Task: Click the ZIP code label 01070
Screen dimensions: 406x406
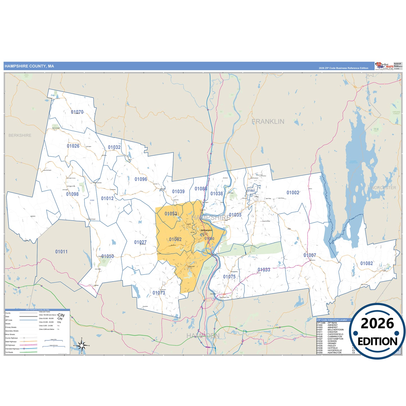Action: point(77,112)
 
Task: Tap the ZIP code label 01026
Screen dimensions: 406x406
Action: point(73,146)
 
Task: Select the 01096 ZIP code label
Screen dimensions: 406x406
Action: point(141,179)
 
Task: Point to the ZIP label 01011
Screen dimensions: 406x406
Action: point(61,252)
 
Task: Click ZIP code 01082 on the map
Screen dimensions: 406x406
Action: point(367,264)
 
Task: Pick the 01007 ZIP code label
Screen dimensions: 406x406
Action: point(310,255)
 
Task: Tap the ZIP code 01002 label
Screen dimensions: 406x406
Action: point(293,193)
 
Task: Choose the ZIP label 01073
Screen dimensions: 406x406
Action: point(159,293)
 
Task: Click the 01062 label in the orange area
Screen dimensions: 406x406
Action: point(175,239)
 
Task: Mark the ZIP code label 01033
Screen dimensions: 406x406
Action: point(264,270)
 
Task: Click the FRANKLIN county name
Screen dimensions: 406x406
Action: point(268,122)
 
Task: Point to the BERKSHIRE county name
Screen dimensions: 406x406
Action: point(20,135)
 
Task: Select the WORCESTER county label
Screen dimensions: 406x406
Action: point(384,188)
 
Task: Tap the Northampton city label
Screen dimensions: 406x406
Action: point(207,230)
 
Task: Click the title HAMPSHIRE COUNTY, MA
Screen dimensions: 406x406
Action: point(29,66)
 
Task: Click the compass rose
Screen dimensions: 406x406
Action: point(81,345)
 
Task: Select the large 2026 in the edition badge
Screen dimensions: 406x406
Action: point(377,324)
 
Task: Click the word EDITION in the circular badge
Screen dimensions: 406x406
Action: point(377,342)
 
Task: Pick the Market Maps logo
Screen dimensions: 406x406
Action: point(384,66)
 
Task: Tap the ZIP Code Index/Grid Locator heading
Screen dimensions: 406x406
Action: point(332,320)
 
